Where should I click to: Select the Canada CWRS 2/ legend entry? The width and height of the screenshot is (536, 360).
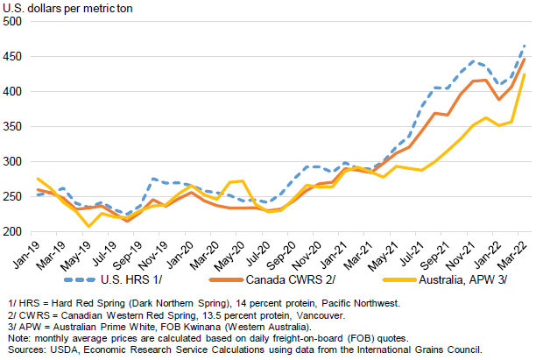302,279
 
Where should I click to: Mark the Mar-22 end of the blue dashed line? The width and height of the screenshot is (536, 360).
525,46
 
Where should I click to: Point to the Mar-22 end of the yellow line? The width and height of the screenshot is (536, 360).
525,74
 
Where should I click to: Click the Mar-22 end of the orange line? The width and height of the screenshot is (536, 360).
525,59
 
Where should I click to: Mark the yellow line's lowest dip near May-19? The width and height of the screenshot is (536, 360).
88,227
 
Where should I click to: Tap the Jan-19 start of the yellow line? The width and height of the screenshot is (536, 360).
37,179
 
